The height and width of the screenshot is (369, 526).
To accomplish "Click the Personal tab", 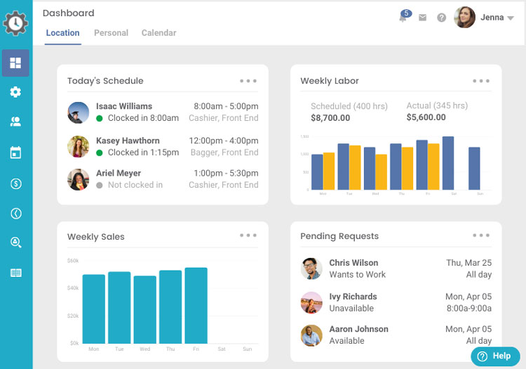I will point(111,33).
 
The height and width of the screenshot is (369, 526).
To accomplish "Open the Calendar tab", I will point(159,33).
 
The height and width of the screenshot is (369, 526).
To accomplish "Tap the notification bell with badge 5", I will point(403,17).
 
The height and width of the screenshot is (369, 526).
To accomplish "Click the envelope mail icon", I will point(422,18).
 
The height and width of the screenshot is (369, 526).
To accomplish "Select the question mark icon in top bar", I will point(441,18).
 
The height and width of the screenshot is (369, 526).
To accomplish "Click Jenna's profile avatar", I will point(465,18).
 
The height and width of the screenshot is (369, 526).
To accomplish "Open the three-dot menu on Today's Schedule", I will point(248,81).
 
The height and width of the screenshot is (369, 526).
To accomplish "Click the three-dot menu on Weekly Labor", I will point(481,81).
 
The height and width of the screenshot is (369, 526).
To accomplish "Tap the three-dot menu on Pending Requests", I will point(481,235).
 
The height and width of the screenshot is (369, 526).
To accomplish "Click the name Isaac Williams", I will point(124,106).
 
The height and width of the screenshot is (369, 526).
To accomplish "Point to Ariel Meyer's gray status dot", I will point(100,186).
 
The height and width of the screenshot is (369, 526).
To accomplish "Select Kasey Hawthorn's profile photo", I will point(78,146).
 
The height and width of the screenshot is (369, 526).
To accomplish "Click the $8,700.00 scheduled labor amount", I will point(330,118).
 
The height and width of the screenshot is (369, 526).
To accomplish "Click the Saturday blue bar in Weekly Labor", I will point(448,163).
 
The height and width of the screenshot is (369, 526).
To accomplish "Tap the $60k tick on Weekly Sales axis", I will point(73,261).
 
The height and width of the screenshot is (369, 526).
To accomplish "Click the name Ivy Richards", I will point(353,297).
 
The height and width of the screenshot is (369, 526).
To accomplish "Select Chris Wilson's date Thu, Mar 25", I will point(468,263).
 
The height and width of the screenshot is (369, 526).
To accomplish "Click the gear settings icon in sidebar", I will point(15,92).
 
